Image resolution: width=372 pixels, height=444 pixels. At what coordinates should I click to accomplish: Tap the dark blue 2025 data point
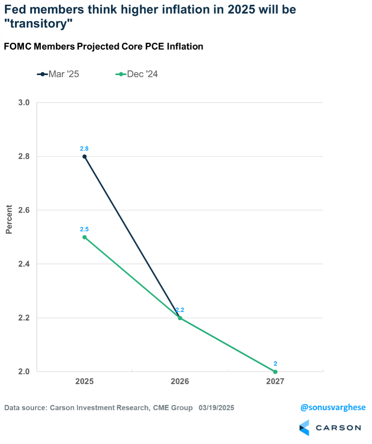85,157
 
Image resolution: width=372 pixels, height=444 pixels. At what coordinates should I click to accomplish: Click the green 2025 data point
85,237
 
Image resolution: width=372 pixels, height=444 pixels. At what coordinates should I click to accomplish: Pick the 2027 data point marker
275,372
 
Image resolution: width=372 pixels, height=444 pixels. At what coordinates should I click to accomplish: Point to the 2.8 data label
85,149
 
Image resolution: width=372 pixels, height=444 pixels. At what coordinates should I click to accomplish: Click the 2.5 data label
85,229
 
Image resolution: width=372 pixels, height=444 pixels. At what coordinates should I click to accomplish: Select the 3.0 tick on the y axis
24,103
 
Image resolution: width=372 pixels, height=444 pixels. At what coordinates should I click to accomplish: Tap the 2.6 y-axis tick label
24,210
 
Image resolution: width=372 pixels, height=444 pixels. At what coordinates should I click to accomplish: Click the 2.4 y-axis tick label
24,264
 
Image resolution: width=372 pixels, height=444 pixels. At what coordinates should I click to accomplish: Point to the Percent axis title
9,219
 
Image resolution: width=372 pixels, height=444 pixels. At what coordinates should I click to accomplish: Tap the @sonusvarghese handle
333,408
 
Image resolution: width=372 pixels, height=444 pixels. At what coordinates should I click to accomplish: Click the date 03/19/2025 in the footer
216,408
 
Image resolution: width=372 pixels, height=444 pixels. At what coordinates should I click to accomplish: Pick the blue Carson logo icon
304,427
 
